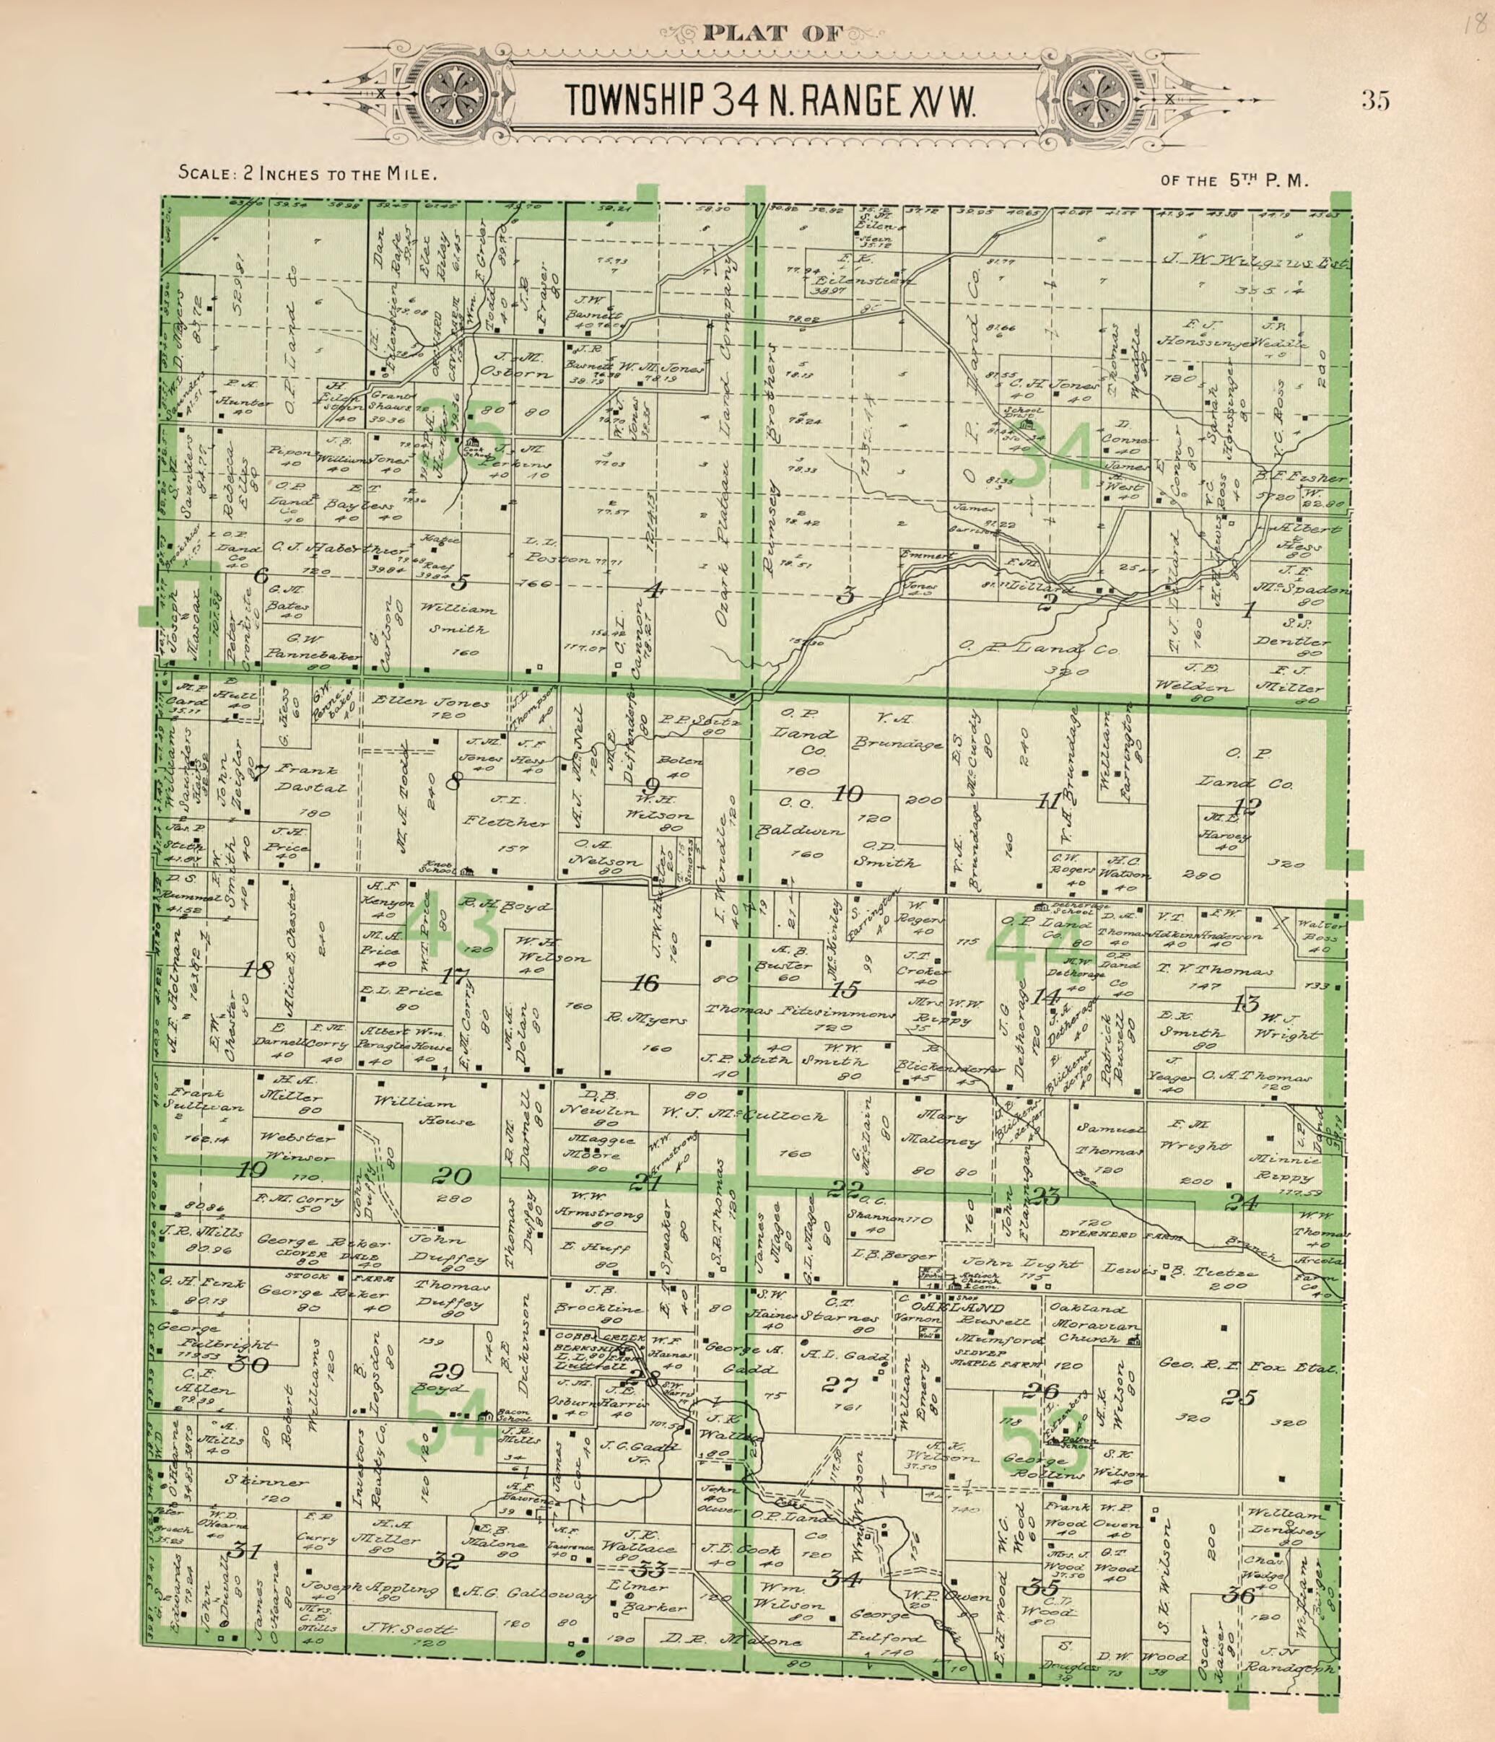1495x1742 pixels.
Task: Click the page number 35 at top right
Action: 1376,101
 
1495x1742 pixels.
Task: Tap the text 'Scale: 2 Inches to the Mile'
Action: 307,175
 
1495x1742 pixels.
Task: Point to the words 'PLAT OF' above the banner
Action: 772,34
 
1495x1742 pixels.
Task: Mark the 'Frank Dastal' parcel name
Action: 310,779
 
